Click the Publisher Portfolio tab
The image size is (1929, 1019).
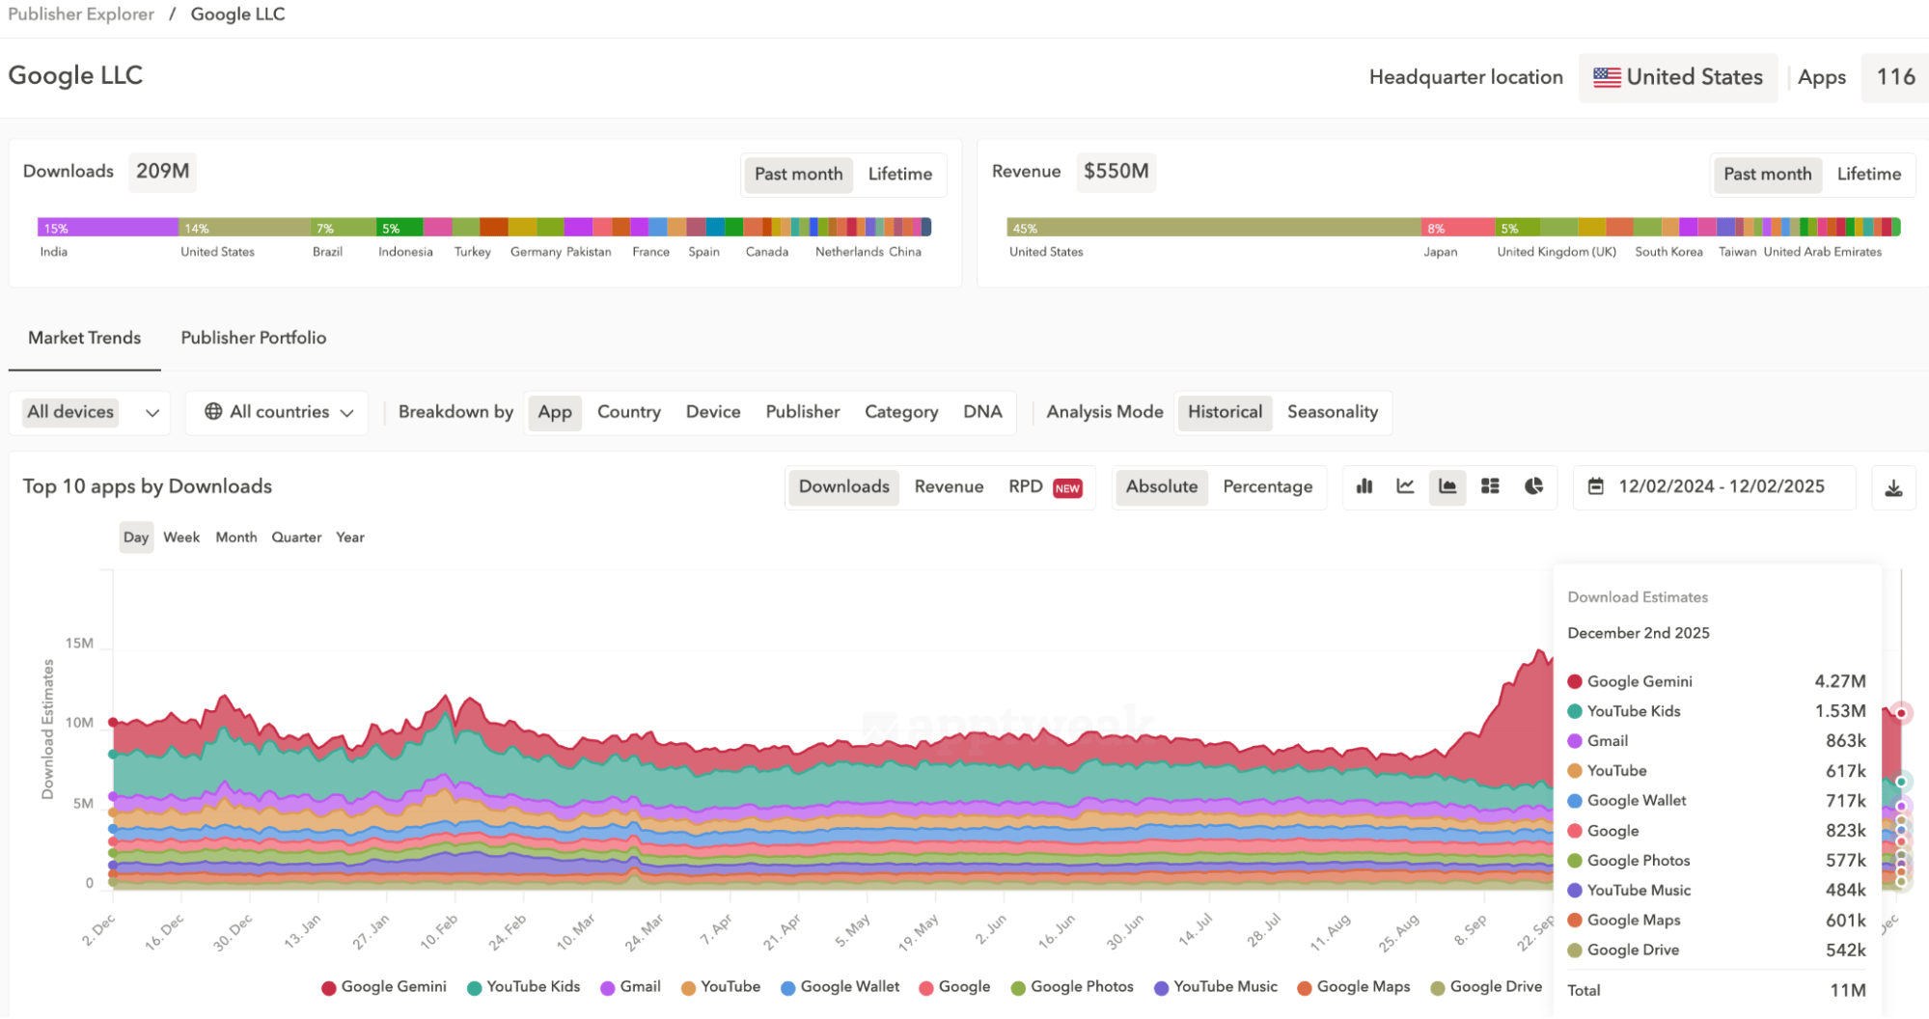(x=253, y=338)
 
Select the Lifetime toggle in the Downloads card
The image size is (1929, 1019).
(x=899, y=174)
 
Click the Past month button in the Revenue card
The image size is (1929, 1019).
(x=1767, y=174)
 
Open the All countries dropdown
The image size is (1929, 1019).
(x=278, y=412)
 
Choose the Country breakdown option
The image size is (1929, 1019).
(x=628, y=412)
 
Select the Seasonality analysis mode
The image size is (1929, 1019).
(x=1332, y=412)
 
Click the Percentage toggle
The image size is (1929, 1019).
(x=1267, y=486)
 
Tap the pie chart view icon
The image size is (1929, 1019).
(x=1533, y=486)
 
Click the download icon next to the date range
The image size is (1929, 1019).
(x=1893, y=488)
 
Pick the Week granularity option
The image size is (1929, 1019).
(x=181, y=537)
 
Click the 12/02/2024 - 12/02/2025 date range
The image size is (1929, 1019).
(x=1721, y=486)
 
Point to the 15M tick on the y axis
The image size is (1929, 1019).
(x=79, y=644)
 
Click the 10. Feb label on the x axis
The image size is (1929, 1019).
(x=439, y=932)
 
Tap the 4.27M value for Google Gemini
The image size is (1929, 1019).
(x=1839, y=681)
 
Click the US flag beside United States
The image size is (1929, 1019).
(x=1607, y=77)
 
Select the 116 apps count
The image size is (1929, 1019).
(x=1894, y=77)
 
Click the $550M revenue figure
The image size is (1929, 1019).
(x=1116, y=172)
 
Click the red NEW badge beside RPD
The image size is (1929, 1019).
(x=1067, y=488)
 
